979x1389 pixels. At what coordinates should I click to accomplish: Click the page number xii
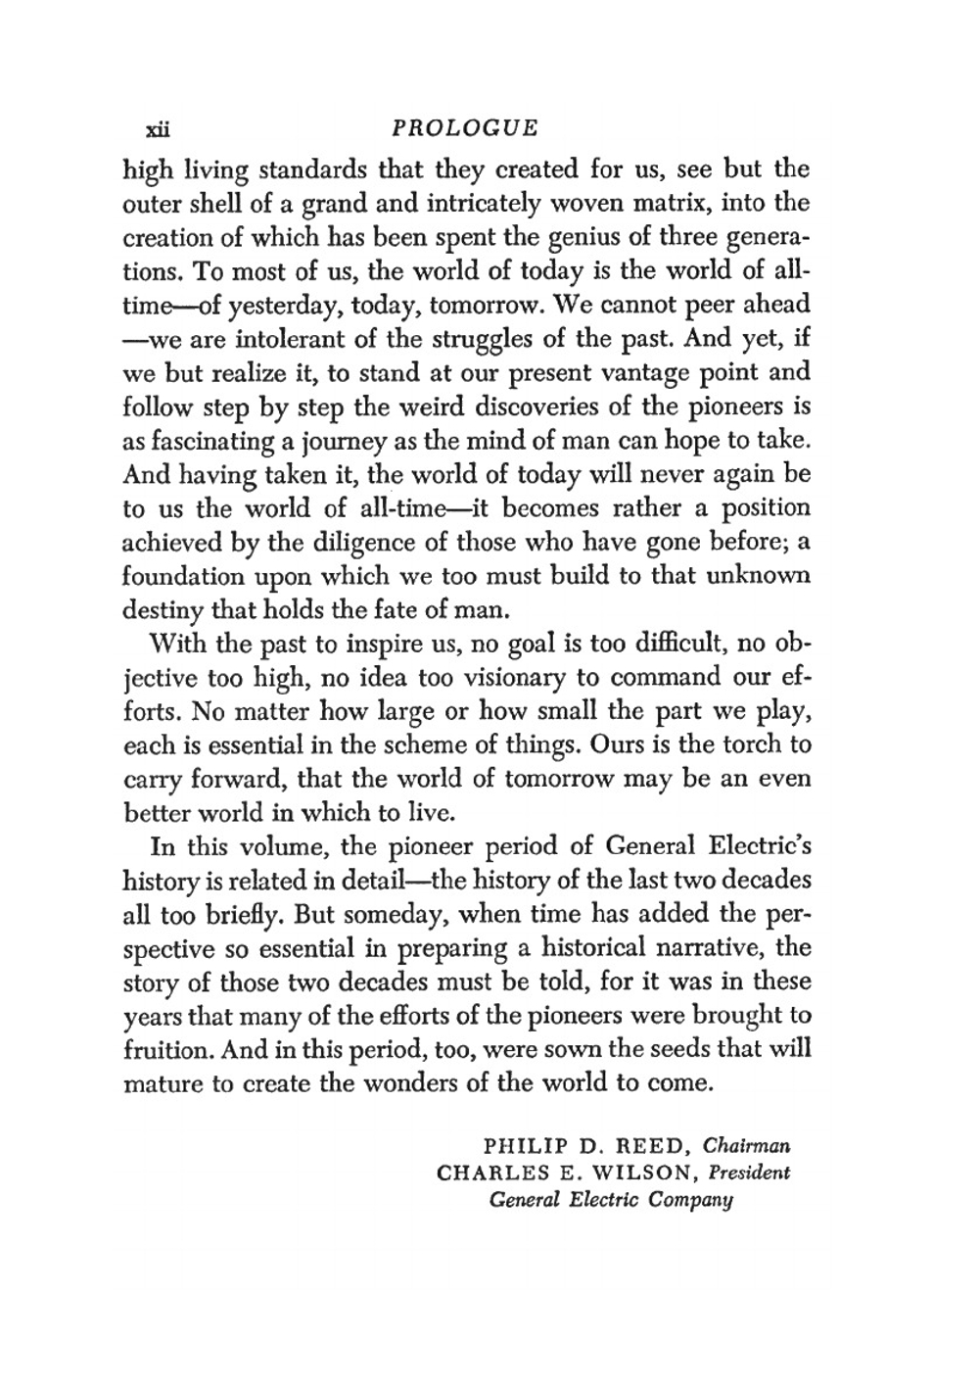[x=158, y=129]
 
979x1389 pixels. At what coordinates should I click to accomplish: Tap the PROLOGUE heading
[x=464, y=128]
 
